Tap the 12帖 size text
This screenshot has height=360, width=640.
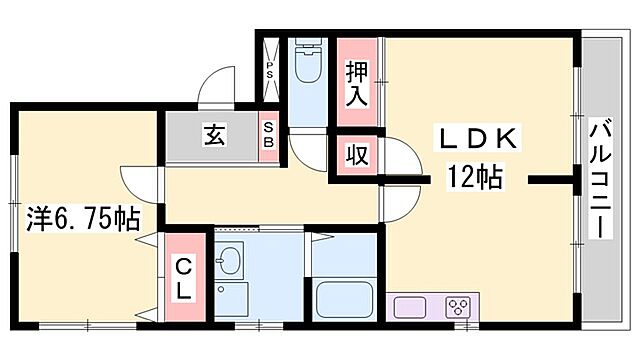tap(474, 180)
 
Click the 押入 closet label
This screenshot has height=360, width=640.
tap(357, 84)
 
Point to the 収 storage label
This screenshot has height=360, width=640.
tap(356, 156)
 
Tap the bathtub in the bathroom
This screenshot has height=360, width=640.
tap(343, 299)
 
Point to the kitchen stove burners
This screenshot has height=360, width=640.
tap(459, 306)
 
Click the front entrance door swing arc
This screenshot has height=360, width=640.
tap(219, 88)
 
